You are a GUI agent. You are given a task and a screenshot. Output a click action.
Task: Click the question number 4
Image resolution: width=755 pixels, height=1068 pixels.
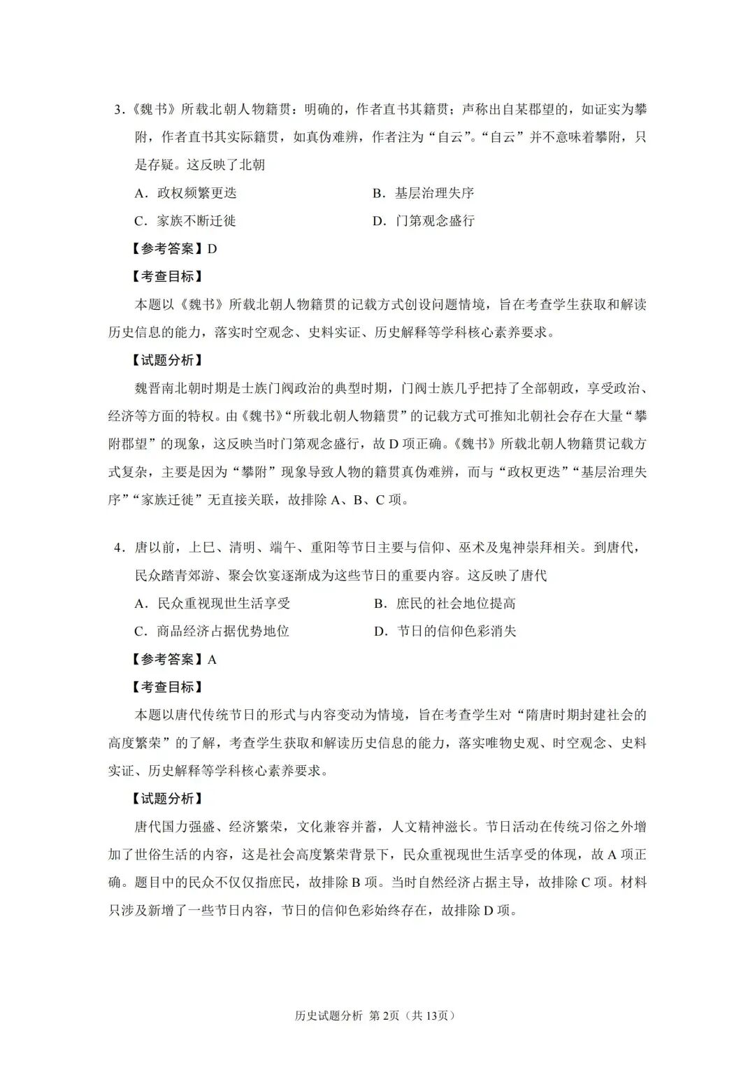coord(118,548)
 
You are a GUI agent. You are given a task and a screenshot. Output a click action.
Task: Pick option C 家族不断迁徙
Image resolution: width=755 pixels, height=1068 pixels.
coord(185,221)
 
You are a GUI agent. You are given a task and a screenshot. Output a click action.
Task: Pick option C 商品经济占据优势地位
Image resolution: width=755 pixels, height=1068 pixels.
coord(212,632)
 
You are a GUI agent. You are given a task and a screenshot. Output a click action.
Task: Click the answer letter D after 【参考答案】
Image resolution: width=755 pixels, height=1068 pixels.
coord(213,249)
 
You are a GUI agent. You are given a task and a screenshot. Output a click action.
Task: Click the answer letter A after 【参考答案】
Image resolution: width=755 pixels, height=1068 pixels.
coord(213,660)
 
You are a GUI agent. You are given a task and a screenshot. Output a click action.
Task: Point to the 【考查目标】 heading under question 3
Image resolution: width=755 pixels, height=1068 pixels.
coord(168,277)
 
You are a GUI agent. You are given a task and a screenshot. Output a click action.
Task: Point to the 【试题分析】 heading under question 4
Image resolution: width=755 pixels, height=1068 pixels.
coord(168,799)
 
